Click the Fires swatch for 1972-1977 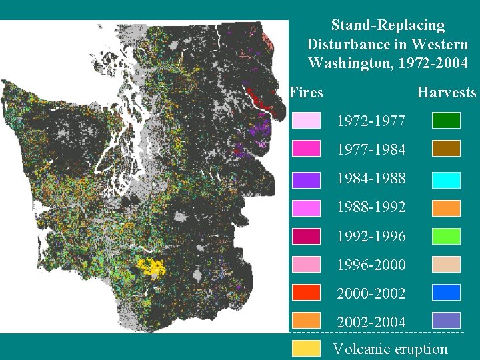coord(306,121)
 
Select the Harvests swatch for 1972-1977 coord(446,121)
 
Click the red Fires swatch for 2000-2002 coord(306,293)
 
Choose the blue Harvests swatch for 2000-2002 coord(446,293)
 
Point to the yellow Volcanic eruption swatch coord(306,348)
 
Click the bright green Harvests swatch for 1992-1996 coord(446,236)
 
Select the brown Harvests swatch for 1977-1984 coord(446,149)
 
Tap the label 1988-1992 coord(371,207)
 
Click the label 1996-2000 coord(371,265)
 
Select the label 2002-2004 coord(371,322)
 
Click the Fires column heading coord(307,93)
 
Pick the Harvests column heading coord(446,93)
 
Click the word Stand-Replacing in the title coord(387,26)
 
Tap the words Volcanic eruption coord(390,349)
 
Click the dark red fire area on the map coord(259,99)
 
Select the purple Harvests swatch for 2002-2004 coord(446,321)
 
